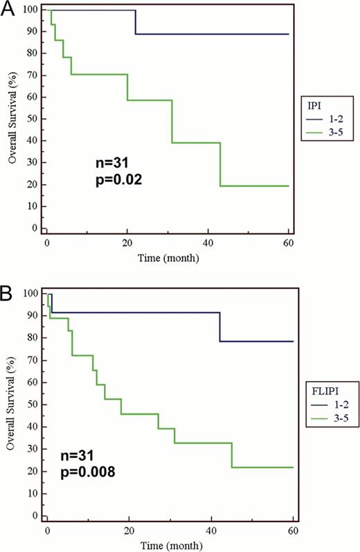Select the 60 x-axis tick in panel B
pyautogui.click(x=293, y=531)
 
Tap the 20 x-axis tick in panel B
pyautogui.click(x=129, y=531)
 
